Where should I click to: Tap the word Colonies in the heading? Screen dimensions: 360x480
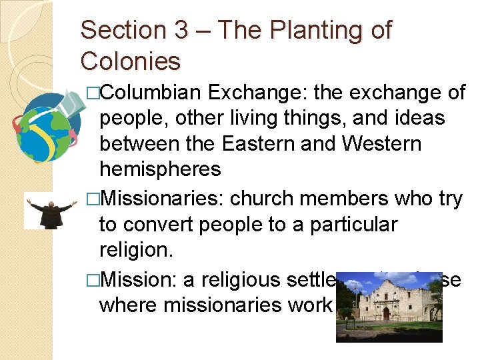pyautogui.click(x=131, y=62)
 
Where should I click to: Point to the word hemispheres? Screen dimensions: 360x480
pyautogui.click(x=159, y=169)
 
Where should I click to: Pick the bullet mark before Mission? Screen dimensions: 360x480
pyautogui.click(x=92, y=280)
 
